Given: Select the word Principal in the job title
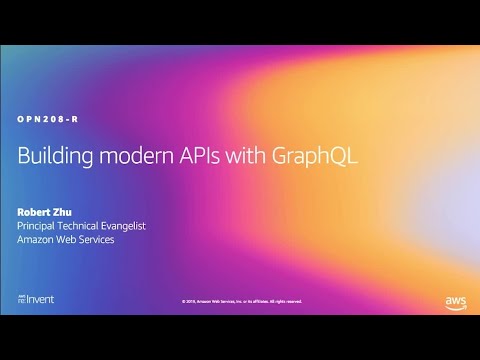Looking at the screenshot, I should [x=41, y=226].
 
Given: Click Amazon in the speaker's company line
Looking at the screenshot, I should [x=39, y=240].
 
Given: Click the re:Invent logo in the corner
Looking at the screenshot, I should [x=35, y=299].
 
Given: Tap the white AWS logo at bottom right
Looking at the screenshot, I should [x=455, y=301].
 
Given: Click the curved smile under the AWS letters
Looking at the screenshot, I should [x=455, y=306].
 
